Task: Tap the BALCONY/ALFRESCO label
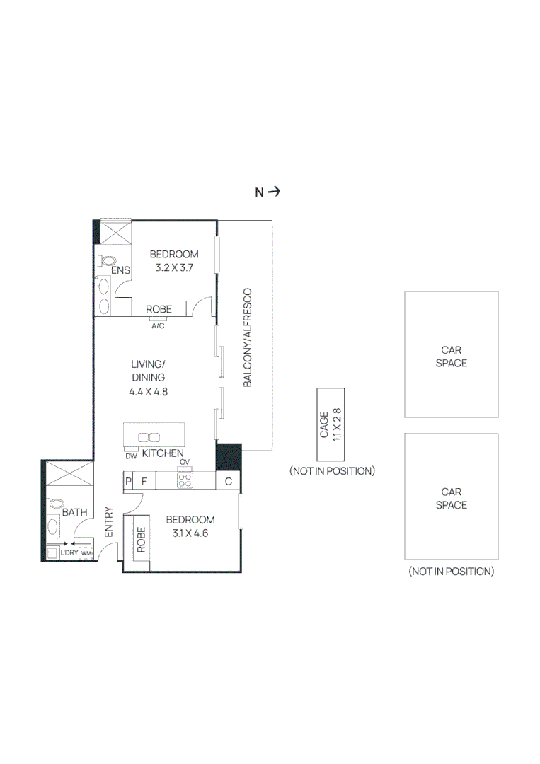click(x=248, y=337)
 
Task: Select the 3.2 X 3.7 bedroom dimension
click(x=174, y=268)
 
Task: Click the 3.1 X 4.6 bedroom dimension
click(x=190, y=533)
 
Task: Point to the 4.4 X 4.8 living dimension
click(x=148, y=391)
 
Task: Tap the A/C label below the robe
click(x=159, y=325)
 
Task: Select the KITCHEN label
click(x=163, y=453)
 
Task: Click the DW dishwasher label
click(x=131, y=456)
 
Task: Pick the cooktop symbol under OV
click(x=185, y=481)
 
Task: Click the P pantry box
click(x=128, y=482)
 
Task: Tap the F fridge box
click(x=144, y=482)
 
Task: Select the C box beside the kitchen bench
click(x=229, y=482)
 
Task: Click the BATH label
click(x=74, y=511)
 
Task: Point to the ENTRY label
click(x=109, y=522)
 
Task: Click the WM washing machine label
click(x=86, y=553)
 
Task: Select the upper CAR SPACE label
click(x=451, y=357)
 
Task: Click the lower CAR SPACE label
click(x=451, y=498)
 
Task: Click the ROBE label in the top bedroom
click(x=159, y=309)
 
